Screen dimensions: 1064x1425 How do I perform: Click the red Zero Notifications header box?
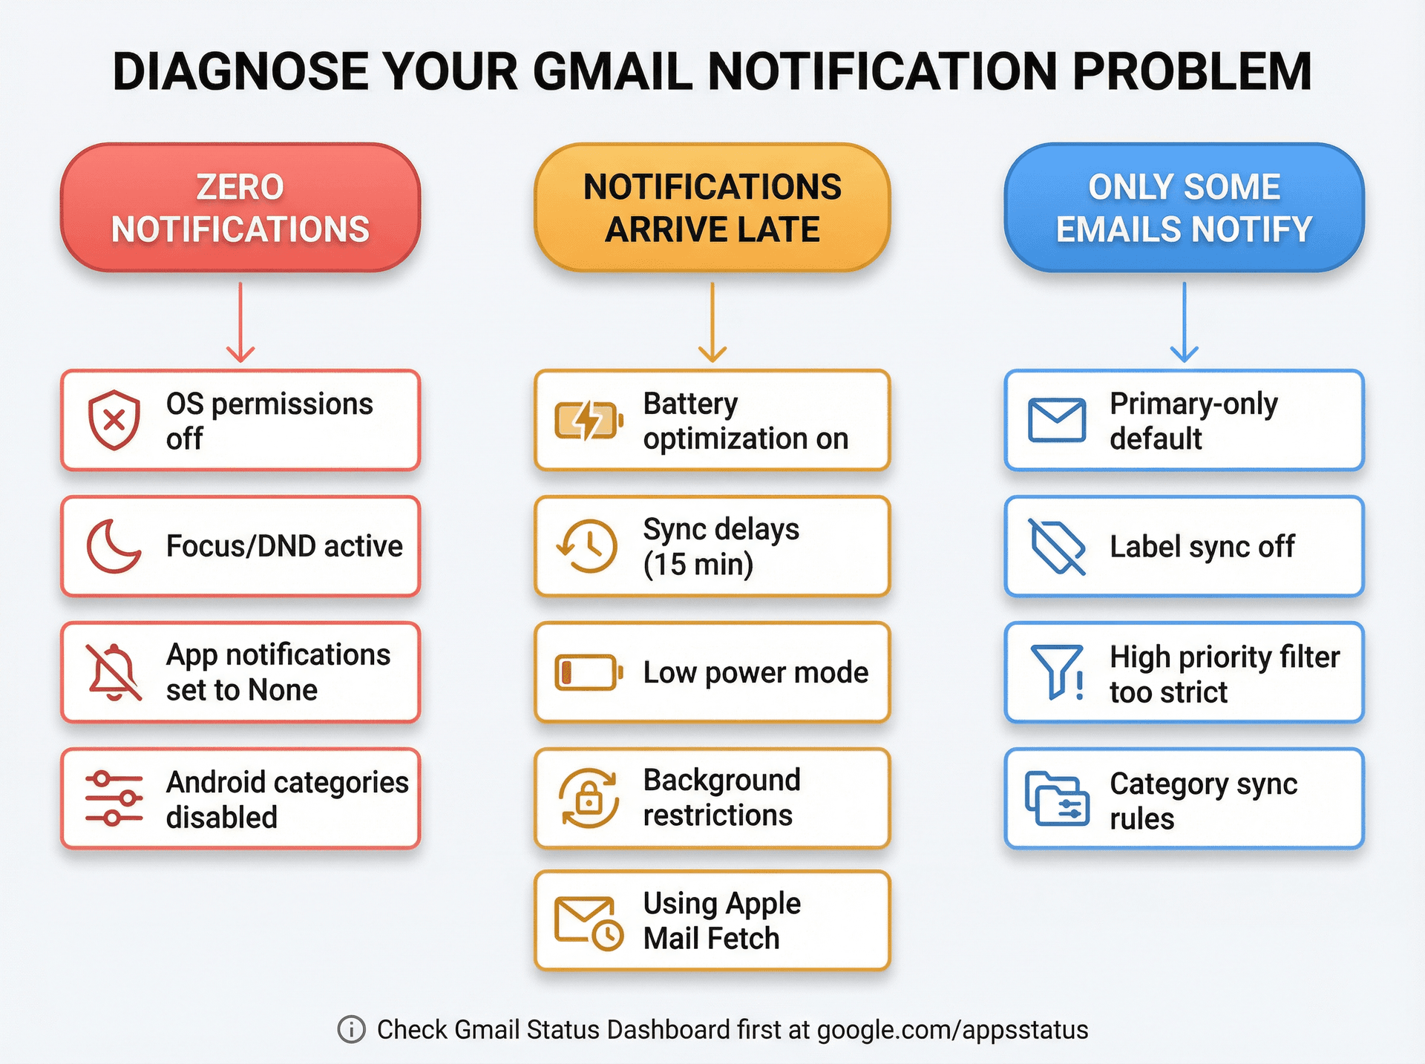pyautogui.click(x=240, y=208)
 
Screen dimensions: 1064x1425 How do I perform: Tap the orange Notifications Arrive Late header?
pyautogui.click(x=712, y=208)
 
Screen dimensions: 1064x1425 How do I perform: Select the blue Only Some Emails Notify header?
pyautogui.click(x=1184, y=208)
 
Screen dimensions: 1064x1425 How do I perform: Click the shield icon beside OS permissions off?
pyautogui.click(x=114, y=420)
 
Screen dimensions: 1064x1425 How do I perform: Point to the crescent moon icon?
pyautogui.click(x=114, y=546)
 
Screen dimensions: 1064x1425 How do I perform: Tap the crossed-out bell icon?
pyautogui.click(x=114, y=672)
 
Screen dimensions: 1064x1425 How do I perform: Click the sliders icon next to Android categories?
pyautogui.click(x=114, y=798)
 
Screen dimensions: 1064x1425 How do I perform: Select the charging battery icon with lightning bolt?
pyautogui.click(x=588, y=420)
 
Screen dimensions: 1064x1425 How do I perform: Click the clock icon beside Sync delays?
pyautogui.click(x=588, y=546)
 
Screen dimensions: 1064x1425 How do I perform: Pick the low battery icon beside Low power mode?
pyautogui.click(x=588, y=672)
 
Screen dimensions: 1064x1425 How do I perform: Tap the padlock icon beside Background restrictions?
pyautogui.click(x=589, y=798)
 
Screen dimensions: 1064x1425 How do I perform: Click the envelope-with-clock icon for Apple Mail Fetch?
pyautogui.click(x=589, y=923)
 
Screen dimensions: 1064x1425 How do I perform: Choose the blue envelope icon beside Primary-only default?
pyautogui.click(x=1057, y=420)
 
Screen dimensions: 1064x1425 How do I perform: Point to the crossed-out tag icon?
pyautogui.click(x=1057, y=546)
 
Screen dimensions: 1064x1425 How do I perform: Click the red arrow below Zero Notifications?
pyautogui.click(x=240, y=323)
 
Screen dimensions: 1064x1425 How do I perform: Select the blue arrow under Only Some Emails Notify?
pyautogui.click(x=1184, y=323)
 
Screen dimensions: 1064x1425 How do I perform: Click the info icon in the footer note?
pyautogui.click(x=351, y=1030)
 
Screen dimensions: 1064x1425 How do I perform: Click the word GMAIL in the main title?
pyautogui.click(x=613, y=72)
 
